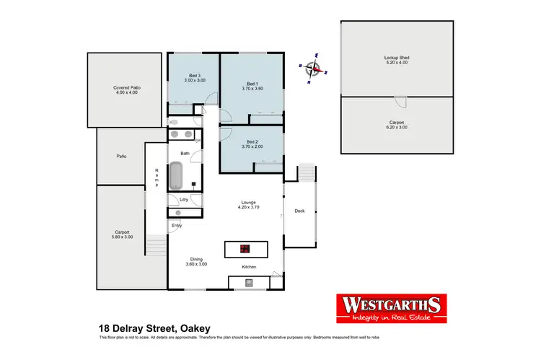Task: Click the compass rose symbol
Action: pyautogui.click(x=314, y=69)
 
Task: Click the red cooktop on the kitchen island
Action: pyautogui.click(x=245, y=250)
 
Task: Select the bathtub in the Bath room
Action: pyautogui.click(x=176, y=175)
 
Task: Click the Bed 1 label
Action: pyautogui.click(x=252, y=83)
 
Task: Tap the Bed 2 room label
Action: pyautogui.click(x=252, y=141)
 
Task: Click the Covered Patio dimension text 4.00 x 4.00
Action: pyautogui.click(x=126, y=93)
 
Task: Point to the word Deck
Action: pyautogui.click(x=299, y=211)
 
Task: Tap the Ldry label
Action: pyautogui.click(x=174, y=200)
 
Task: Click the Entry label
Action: pyautogui.click(x=177, y=225)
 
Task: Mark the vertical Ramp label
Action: pyautogui.click(x=157, y=178)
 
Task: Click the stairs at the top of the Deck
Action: pyautogui.click(x=307, y=173)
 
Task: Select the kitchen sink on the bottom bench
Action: pyautogui.click(x=249, y=282)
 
